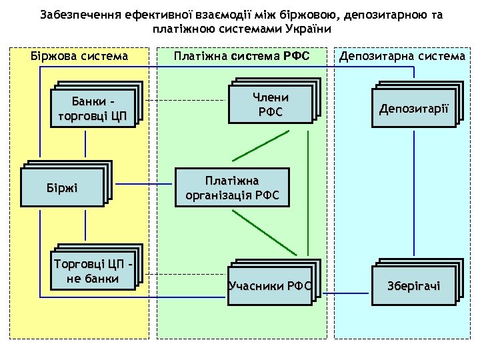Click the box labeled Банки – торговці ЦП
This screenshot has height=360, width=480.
[94, 107]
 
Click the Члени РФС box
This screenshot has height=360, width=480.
[270, 105]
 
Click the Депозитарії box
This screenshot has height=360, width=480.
[415, 109]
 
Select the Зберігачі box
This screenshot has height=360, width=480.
[415, 286]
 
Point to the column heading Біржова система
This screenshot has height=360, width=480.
[80, 56]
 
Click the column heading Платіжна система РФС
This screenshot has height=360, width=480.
[241, 56]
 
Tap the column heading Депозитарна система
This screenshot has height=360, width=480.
[402, 56]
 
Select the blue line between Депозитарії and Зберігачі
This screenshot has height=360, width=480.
[415, 193]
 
